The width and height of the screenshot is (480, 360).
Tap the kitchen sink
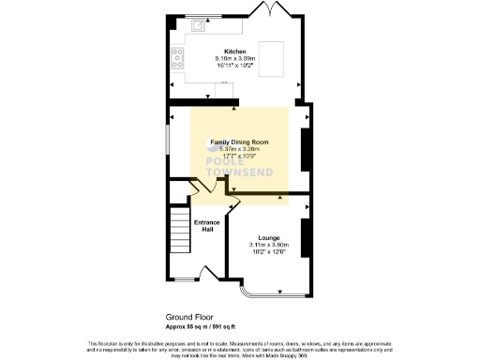click(200, 27)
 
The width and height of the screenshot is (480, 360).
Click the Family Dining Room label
click(239, 143)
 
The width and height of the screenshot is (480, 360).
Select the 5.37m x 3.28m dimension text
click(239, 150)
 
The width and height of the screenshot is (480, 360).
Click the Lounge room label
click(269, 238)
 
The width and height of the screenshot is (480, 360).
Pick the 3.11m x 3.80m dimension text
click(269, 245)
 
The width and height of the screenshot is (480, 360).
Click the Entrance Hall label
click(206, 225)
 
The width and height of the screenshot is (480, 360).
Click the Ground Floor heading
click(186, 319)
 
